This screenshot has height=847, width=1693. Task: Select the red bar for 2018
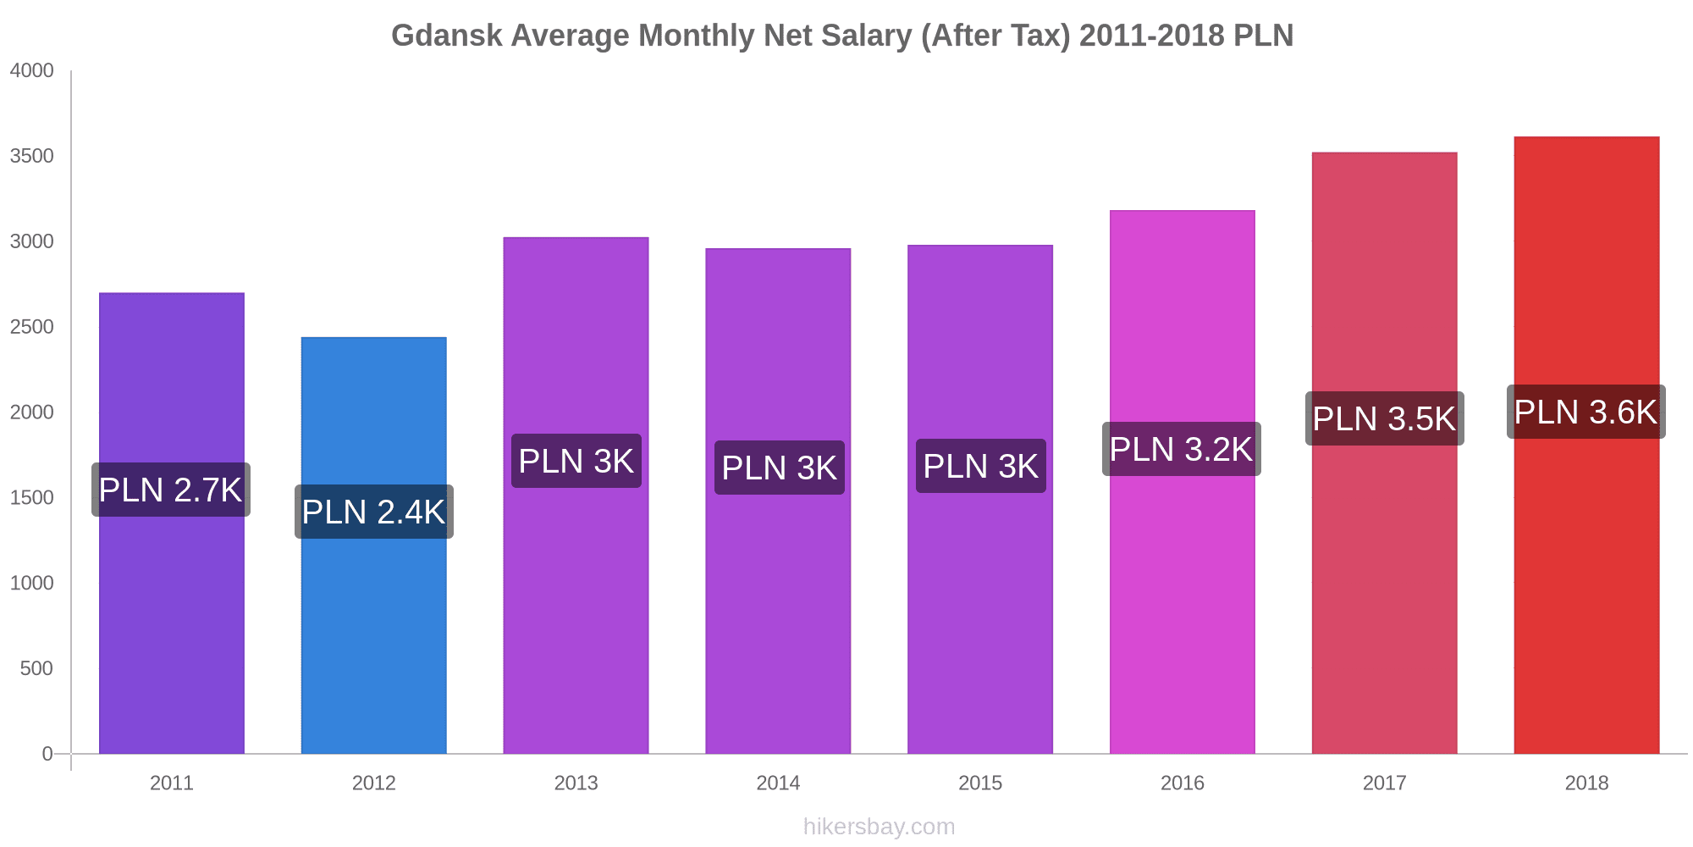pyautogui.click(x=1586, y=593)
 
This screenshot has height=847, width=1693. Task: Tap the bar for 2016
pyautogui.click(x=1182, y=610)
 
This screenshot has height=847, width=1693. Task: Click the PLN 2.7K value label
pyautogui.click(x=171, y=490)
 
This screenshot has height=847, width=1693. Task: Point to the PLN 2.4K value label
pyautogui.click(x=373, y=512)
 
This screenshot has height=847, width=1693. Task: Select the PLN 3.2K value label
pyautogui.click(x=1181, y=449)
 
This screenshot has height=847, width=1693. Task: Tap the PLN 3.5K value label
pyautogui.click(x=1384, y=418)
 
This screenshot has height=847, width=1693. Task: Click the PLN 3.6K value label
pyautogui.click(x=1585, y=412)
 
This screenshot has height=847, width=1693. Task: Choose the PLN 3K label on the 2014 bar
pyautogui.click(x=779, y=468)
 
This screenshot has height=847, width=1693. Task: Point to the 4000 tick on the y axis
pyautogui.click(x=32, y=71)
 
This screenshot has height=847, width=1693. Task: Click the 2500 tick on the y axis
pyautogui.click(x=32, y=327)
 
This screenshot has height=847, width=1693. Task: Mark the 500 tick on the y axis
pyautogui.click(x=37, y=668)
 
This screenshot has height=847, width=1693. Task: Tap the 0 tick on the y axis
pyautogui.click(x=47, y=754)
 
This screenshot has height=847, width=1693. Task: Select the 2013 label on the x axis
pyautogui.click(x=576, y=783)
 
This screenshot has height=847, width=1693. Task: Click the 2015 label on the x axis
pyautogui.click(x=980, y=783)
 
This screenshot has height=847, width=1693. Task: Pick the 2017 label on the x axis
pyautogui.click(x=1384, y=783)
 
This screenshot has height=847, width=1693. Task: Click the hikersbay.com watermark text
pyautogui.click(x=879, y=827)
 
